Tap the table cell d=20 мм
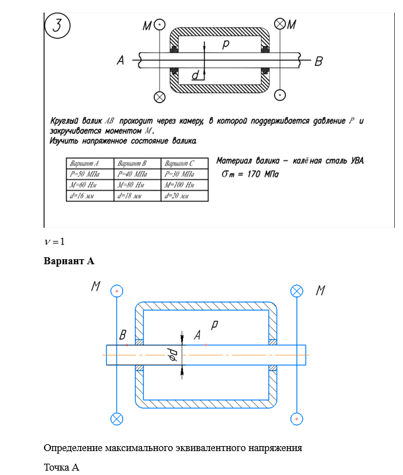point(184,196)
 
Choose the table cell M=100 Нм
point(184,185)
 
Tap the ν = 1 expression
point(55,242)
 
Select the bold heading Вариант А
point(69,260)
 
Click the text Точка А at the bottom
point(62,467)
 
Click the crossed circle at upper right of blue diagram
point(297,291)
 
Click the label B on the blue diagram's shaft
point(123,335)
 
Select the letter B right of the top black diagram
point(319,61)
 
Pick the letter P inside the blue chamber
point(214,325)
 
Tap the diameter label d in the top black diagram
point(196,75)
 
